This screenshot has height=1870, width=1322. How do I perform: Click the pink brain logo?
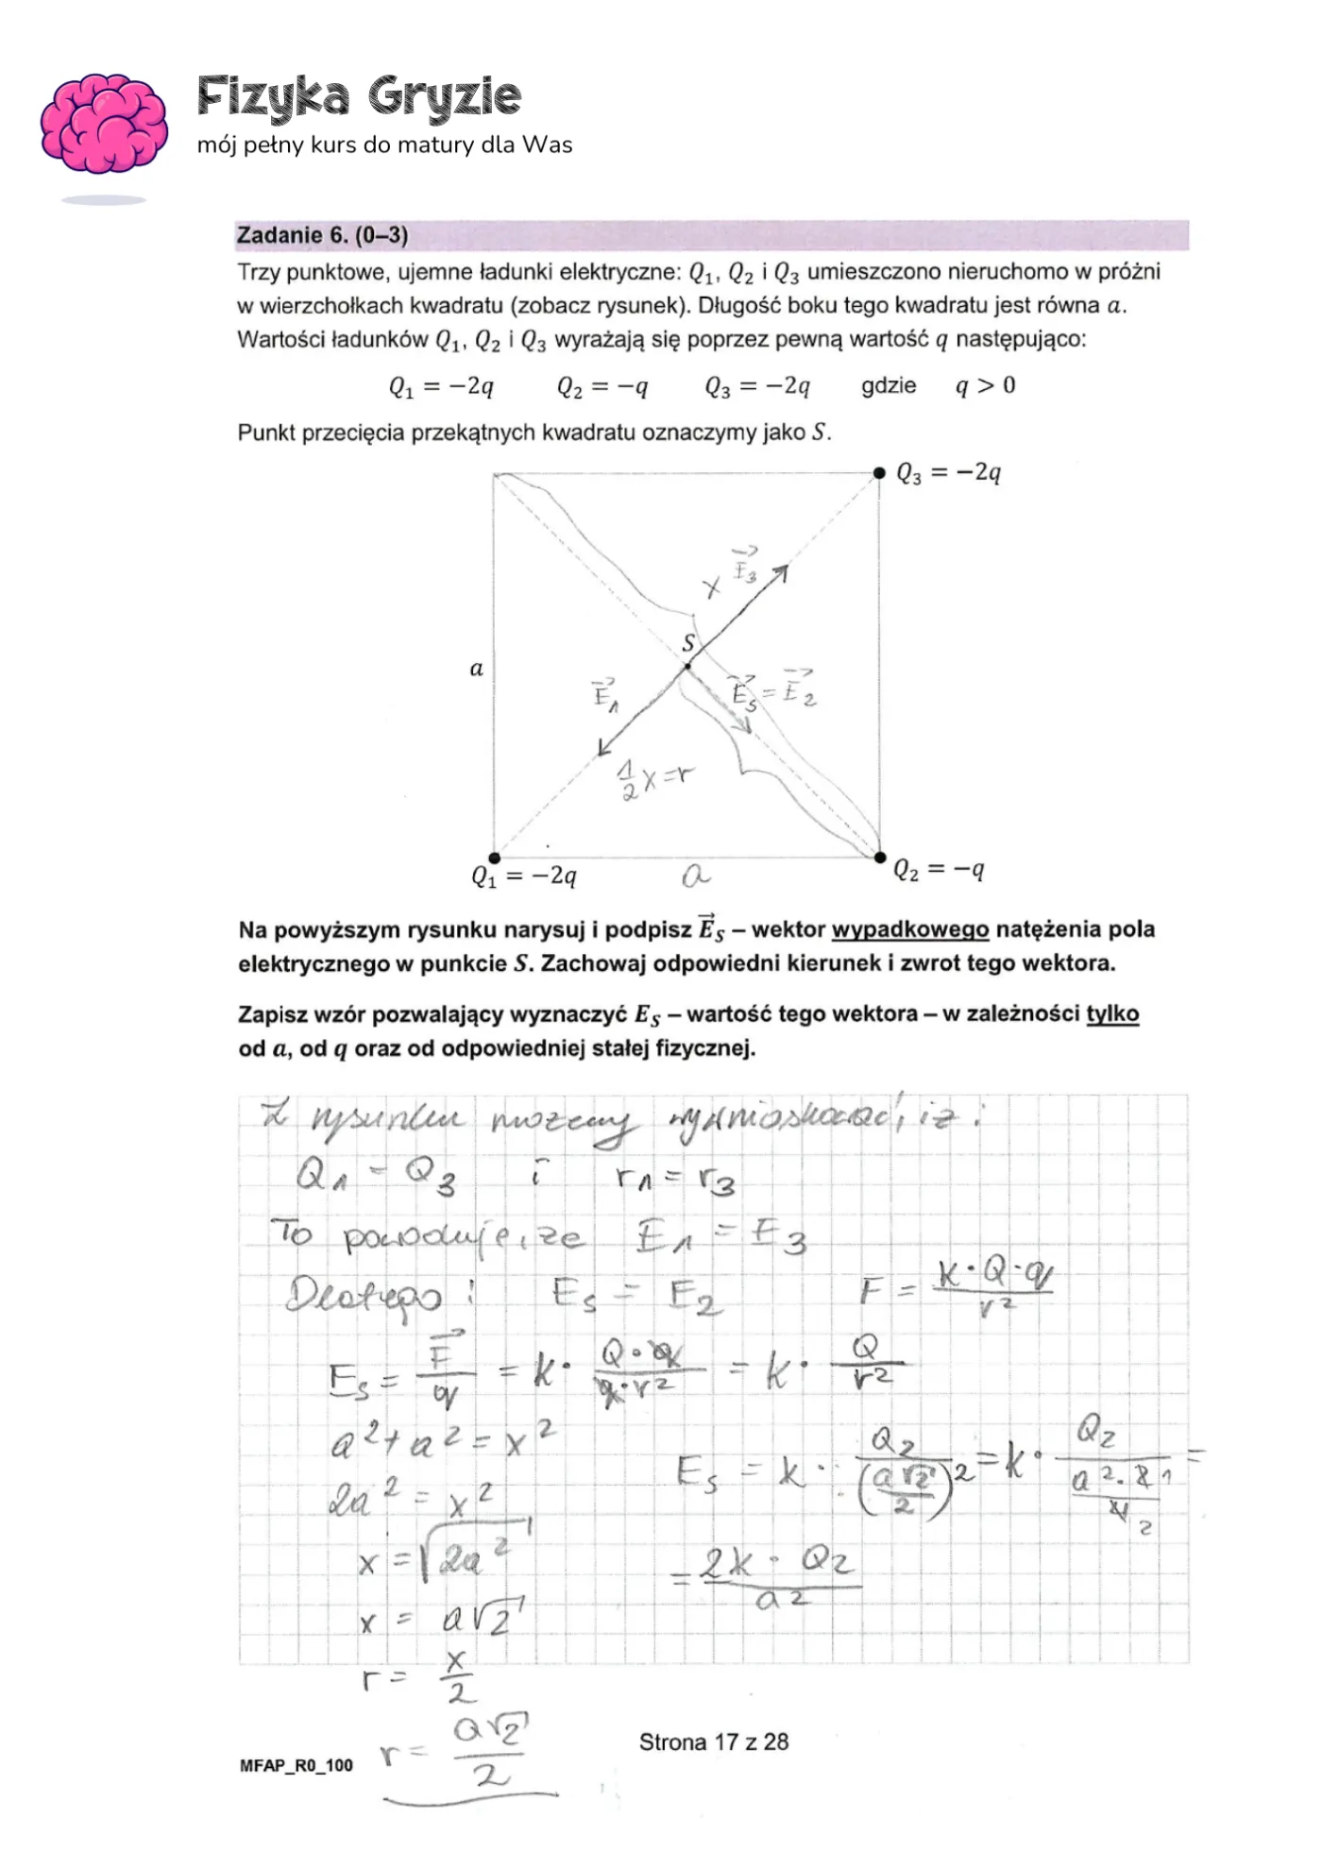click(x=104, y=123)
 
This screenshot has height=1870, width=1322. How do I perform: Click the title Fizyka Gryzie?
click(x=359, y=97)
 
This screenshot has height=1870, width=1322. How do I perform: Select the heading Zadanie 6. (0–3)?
click(x=322, y=235)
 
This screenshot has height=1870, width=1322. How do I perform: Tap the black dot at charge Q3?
click(x=878, y=472)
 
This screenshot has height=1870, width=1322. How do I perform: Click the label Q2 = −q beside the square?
click(x=939, y=870)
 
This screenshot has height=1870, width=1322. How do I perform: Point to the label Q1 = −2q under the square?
click(x=523, y=877)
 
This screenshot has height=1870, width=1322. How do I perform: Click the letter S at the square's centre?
click(x=688, y=644)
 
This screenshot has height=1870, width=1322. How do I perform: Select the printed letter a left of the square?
click(x=476, y=669)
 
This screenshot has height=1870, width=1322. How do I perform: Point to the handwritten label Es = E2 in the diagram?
click(x=772, y=692)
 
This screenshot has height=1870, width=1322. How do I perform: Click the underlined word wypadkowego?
click(x=909, y=930)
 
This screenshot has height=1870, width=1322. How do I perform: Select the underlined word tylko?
click(x=1112, y=1014)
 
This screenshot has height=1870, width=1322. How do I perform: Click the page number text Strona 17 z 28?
click(x=713, y=1742)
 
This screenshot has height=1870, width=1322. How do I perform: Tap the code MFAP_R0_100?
click(x=296, y=1765)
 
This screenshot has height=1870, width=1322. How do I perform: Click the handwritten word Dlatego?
click(x=364, y=1296)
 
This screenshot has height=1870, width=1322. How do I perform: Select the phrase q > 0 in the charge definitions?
click(x=985, y=386)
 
